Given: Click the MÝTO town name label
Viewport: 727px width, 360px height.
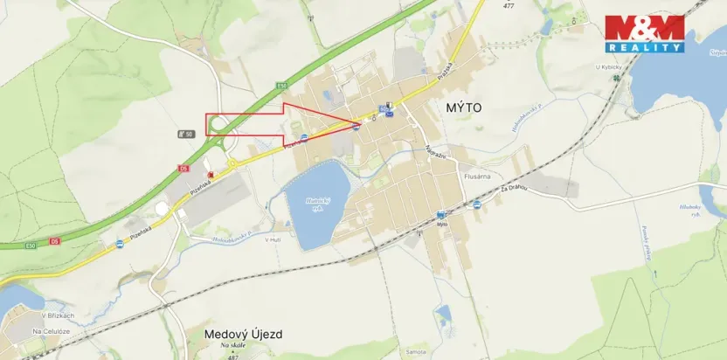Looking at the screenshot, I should coord(463,107).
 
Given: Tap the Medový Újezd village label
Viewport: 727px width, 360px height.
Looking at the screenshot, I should coord(243,334).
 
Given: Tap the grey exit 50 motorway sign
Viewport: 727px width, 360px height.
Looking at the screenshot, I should coord(184,134).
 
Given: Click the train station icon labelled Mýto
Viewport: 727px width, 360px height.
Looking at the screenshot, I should coord(440,214).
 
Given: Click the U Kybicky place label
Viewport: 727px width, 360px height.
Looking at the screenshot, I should coord(609,67).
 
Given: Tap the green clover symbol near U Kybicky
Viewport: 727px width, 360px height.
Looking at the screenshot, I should coord(619,77).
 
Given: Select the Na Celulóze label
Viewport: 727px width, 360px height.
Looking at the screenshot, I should coord(51,331).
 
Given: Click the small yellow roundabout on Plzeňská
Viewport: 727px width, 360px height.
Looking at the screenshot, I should coord(234,163).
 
